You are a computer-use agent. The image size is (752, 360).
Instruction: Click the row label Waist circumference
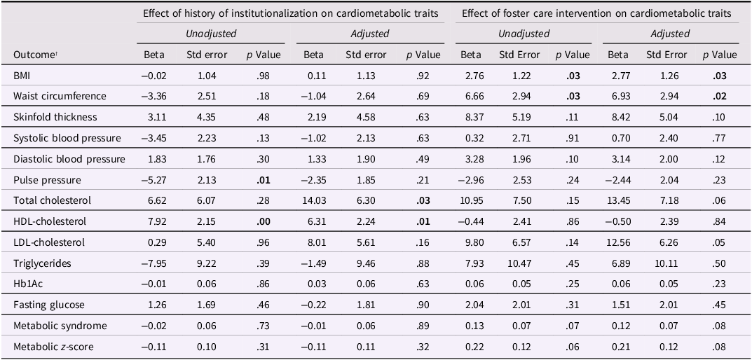point(60,96)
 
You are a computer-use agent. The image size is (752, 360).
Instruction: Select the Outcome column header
point(33,55)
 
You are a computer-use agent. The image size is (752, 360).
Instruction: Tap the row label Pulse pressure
point(47,180)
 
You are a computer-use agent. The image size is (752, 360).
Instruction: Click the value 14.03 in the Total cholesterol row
point(314,200)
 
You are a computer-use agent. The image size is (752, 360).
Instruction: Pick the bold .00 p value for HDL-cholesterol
point(272,221)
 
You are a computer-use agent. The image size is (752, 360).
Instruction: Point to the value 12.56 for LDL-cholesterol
point(617,242)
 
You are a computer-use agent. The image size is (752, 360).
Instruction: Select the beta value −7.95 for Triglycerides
point(154,263)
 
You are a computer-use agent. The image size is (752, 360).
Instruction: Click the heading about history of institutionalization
point(291,13)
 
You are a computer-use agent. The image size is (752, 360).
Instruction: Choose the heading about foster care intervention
point(597,13)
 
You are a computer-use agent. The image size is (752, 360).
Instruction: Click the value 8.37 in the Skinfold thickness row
point(471,117)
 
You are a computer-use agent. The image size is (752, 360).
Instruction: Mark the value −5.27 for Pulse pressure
point(154,180)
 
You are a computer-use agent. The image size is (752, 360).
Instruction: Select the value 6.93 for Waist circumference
point(617,96)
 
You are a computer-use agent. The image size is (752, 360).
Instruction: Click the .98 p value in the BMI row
point(272,75)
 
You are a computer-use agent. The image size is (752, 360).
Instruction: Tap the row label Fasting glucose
point(49,305)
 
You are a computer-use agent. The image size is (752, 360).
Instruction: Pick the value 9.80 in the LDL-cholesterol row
point(471,242)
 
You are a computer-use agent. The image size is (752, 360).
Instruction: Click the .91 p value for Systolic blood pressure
point(573,138)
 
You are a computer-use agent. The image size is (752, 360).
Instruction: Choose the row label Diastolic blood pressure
point(69,159)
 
